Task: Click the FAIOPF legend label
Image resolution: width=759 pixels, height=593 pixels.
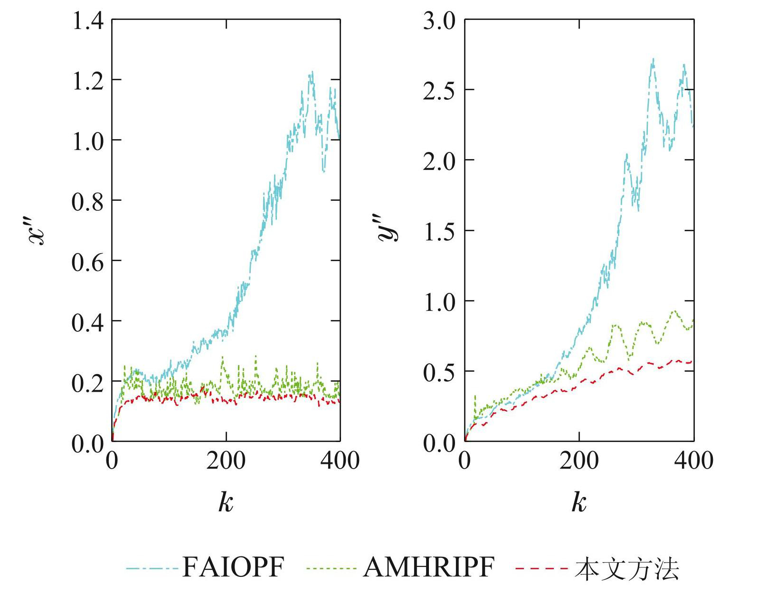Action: coord(233,566)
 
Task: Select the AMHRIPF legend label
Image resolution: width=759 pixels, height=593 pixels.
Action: coord(428,566)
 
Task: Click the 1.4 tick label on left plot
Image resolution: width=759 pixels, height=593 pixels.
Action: coord(87,21)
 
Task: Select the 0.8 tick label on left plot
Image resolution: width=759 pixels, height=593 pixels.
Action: coord(87,201)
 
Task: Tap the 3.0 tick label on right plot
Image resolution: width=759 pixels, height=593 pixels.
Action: coord(439,21)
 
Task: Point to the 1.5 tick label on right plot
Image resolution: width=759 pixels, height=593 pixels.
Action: coord(439,232)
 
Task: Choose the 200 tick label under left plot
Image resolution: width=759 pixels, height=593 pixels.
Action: coord(226,461)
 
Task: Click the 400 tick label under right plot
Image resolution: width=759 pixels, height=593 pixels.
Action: coord(693,461)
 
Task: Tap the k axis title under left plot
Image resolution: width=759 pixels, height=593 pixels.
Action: coord(226,501)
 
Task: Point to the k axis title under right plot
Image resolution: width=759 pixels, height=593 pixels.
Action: coord(579,501)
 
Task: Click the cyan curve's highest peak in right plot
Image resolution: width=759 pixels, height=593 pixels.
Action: coord(654,59)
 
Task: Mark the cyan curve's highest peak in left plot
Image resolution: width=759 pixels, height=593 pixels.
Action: coord(312,72)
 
